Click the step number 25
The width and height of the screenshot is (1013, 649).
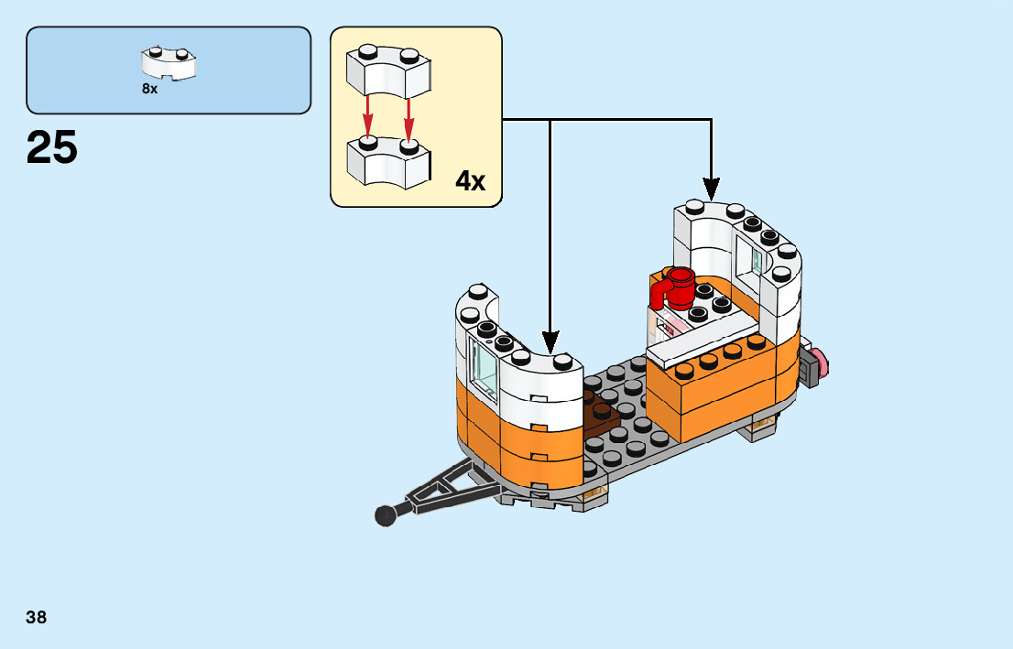52,147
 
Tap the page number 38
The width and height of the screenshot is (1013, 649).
37,617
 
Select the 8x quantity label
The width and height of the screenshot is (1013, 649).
149,89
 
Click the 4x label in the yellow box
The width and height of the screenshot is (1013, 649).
470,181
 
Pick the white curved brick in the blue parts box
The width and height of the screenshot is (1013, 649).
170,64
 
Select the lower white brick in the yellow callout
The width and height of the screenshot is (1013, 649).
387,162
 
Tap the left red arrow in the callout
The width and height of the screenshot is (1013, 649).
368,114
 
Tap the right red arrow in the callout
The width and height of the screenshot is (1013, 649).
408,114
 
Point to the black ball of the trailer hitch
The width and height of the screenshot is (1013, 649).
386,516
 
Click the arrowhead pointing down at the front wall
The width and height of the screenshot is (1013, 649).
550,344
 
